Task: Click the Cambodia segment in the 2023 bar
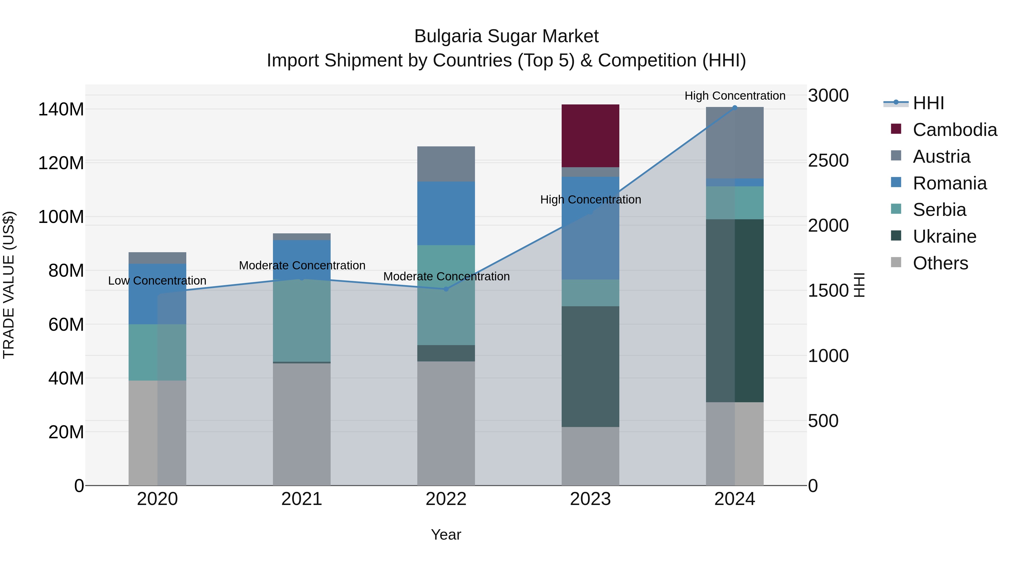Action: [x=590, y=136]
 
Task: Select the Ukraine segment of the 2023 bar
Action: [x=590, y=366]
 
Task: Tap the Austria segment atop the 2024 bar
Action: [x=735, y=142]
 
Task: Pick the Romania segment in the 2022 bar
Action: [x=446, y=213]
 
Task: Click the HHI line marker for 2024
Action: [x=735, y=108]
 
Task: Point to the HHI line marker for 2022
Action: [x=446, y=289]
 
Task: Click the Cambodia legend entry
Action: [x=954, y=130]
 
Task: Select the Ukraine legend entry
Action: [x=944, y=236]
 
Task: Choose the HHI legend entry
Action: [x=928, y=103]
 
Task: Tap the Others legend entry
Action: [x=940, y=263]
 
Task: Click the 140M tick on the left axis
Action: [x=61, y=109]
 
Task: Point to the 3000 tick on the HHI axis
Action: [x=828, y=96]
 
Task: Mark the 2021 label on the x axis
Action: [x=302, y=499]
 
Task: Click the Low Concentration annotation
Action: [x=157, y=280]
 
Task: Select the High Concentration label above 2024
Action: [x=735, y=96]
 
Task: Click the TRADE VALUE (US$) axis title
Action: [x=9, y=285]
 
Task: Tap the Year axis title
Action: [x=446, y=535]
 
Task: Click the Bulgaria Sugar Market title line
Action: [x=506, y=36]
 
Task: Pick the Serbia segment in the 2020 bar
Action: [x=157, y=352]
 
